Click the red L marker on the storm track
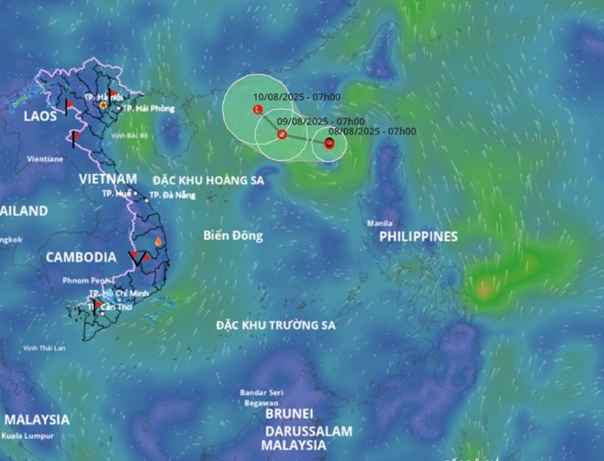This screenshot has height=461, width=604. pos(257,110)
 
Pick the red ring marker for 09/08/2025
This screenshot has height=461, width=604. pos(282,135)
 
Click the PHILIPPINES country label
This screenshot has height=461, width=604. pos(418,236)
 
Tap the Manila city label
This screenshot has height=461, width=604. pos(380,222)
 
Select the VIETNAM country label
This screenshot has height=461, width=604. pos(108,177)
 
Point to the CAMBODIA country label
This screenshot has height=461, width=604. pos(81,257)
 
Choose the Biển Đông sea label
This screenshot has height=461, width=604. pos(233,236)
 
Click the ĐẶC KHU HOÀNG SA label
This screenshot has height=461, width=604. pos(208,180)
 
